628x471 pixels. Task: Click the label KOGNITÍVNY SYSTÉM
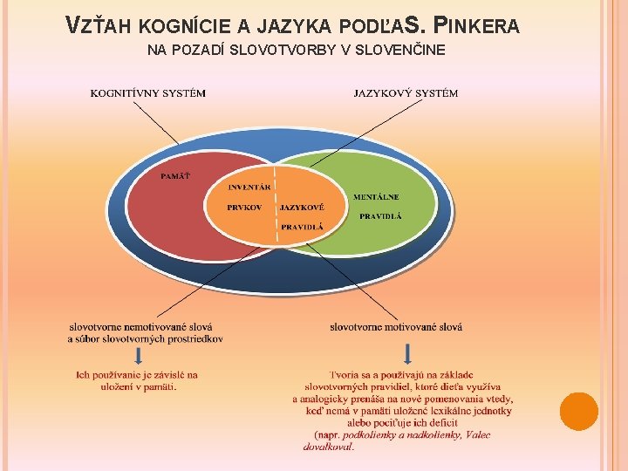click(x=148, y=93)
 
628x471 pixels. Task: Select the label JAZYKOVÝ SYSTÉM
click(x=406, y=93)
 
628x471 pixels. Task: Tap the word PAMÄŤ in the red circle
click(x=175, y=176)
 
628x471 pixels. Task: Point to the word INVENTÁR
click(x=249, y=188)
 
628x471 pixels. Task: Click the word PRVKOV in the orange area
click(x=244, y=208)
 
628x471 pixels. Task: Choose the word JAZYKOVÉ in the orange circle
click(x=302, y=208)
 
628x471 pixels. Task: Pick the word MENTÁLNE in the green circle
click(x=376, y=197)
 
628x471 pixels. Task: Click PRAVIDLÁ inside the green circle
click(x=380, y=215)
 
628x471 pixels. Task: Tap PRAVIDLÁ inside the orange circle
click(x=302, y=226)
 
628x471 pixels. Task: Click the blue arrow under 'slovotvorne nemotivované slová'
click(x=138, y=355)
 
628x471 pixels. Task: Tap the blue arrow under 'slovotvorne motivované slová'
click(x=406, y=355)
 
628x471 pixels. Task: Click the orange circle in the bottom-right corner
click(x=578, y=411)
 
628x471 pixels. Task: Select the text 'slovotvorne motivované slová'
click(x=396, y=327)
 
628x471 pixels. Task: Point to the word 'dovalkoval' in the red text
click(x=328, y=447)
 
